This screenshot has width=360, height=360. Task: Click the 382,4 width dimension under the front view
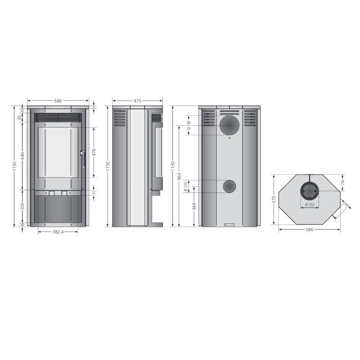[x=58, y=231]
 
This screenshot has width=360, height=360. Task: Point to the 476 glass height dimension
[x=94, y=153]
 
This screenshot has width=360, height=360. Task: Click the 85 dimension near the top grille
[x=20, y=117]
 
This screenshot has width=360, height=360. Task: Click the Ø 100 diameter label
[x=186, y=186]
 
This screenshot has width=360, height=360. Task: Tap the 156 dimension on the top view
[x=343, y=182]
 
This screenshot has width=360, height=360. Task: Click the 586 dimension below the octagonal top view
[x=309, y=230]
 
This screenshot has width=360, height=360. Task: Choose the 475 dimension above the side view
[x=137, y=101]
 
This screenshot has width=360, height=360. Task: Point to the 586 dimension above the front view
[x=58, y=101]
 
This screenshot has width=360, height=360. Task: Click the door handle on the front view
[x=83, y=158]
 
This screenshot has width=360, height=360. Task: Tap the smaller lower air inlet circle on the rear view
[x=229, y=186]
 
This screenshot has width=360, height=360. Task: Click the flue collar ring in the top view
[x=310, y=192]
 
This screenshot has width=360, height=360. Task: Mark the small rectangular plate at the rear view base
[x=229, y=224]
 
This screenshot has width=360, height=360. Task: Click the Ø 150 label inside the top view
[x=310, y=205]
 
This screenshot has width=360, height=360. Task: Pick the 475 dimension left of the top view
[x=273, y=199]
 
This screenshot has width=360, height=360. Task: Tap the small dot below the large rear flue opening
[x=229, y=138]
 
